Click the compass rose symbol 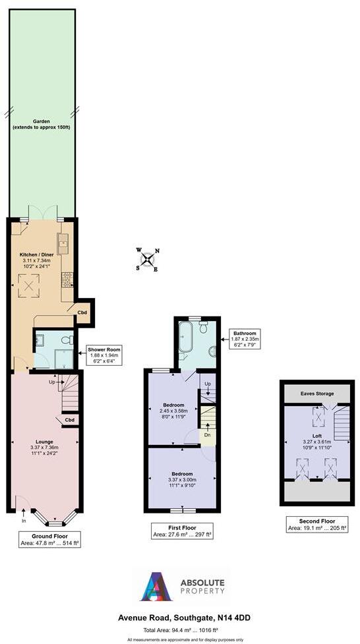pyautogui.click(x=146, y=259)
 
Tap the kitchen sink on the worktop pyautogui.click(x=64, y=244)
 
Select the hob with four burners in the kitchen pyautogui.click(x=67, y=280)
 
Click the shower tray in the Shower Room pyautogui.click(x=64, y=358)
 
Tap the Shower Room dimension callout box pyautogui.click(x=105, y=355)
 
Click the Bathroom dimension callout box pyautogui.click(x=245, y=338)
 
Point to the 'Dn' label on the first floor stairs pyautogui.click(x=207, y=434)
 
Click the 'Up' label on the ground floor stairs pyautogui.click(x=51, y=381)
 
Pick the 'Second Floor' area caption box pyautogui.click(x=317, y=524)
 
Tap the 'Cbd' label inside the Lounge pyautogui.click(x=69, y=420)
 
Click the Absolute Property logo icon pyautogui.click(x=156, y=586)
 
